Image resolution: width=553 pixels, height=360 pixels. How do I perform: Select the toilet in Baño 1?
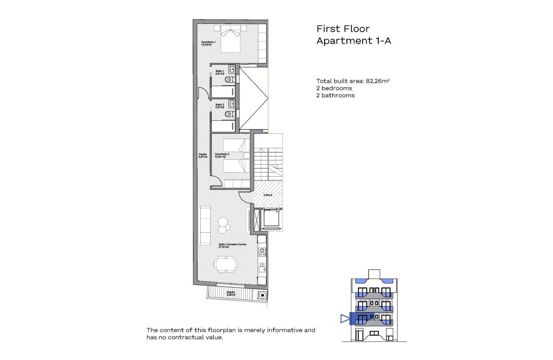[x=231, y=80]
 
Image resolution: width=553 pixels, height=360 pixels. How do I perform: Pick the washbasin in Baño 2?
[x=232, y=103]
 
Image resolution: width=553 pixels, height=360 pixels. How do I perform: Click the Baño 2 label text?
[x=219, y=106]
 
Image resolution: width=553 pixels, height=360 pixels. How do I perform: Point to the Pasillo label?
[x=203, y=156]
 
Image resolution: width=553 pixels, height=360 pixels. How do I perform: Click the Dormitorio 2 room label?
[x=222, y=156]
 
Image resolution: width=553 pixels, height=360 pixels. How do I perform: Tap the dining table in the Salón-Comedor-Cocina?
[x=226, y=264]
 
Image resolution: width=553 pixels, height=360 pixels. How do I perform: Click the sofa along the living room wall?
[x=204, y=225]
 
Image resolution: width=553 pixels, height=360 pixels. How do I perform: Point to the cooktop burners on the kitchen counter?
[x=261, y=253]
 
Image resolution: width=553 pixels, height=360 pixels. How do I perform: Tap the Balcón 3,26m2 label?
[x=231, y=294]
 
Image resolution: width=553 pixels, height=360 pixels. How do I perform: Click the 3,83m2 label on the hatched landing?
[x=268, y=195]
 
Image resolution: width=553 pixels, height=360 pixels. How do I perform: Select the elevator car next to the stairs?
[x=271, y=220]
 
